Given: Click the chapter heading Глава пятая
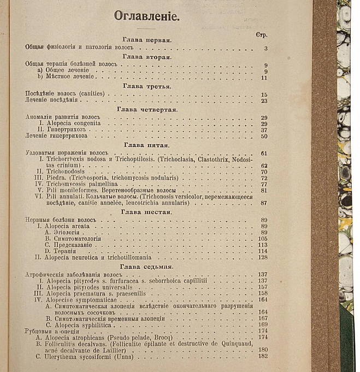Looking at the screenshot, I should [147, 145].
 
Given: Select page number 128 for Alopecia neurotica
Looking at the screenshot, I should [263, 257].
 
